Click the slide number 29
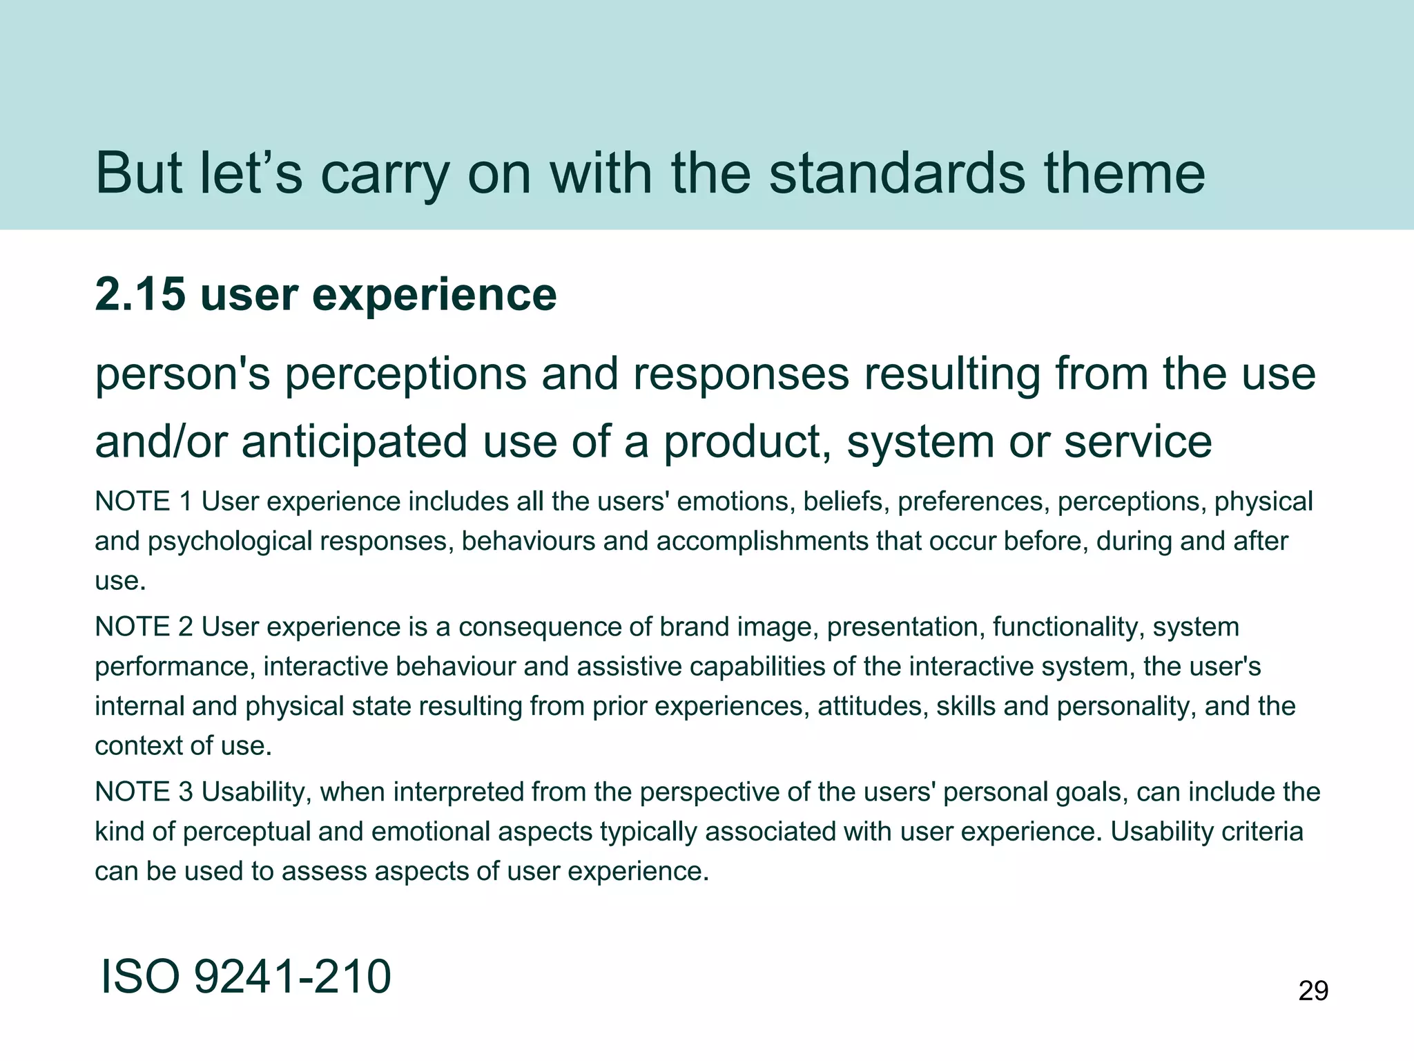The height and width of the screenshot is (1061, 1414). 1313,991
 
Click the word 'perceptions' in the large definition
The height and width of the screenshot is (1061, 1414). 406,376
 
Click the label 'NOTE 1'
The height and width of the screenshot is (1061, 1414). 143,501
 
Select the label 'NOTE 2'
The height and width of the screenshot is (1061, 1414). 143,627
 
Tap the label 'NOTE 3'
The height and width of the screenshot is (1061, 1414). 143,792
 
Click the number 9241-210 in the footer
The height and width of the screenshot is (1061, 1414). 292,977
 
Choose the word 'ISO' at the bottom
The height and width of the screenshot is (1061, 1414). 141,977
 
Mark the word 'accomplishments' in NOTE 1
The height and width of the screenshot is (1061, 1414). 762,542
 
